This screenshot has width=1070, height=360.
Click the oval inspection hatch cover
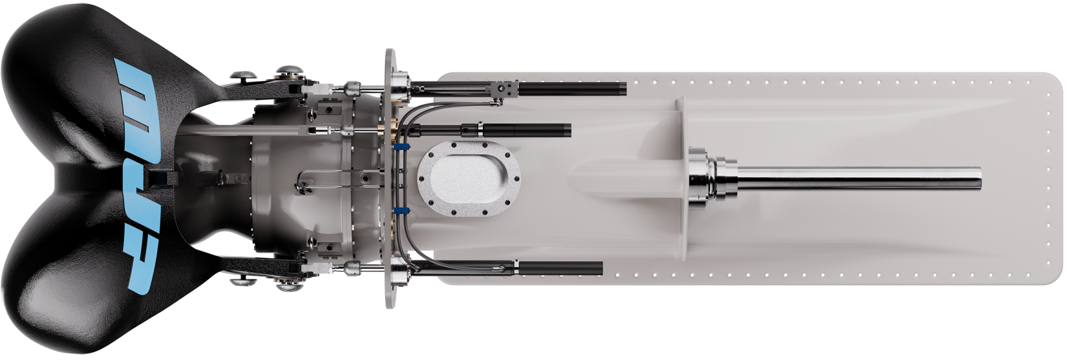coord(469,178)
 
